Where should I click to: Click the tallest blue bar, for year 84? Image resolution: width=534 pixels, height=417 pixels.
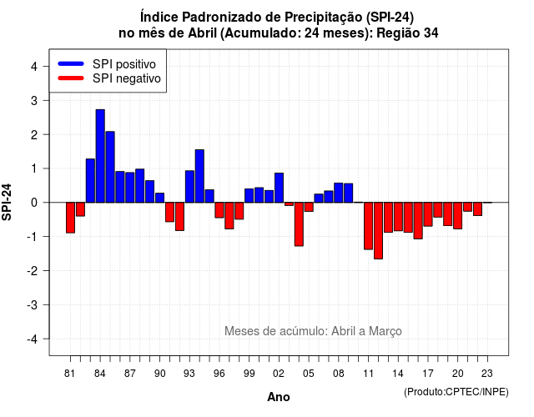coord(100,156)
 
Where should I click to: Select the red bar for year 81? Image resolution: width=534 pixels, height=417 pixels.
coord(70,218)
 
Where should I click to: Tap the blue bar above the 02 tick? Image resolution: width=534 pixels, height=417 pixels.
coord(279,188)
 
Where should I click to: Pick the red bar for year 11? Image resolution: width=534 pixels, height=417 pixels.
coord(368,226)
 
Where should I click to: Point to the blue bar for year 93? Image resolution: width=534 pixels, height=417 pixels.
coord(189,187)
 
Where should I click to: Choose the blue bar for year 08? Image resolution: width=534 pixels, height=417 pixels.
coord(339,193)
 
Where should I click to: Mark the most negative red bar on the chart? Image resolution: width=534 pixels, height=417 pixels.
coord(378,231)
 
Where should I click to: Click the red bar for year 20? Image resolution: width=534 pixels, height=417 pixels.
coord(458,216)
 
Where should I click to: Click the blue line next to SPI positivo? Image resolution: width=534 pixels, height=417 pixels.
coord(71,63)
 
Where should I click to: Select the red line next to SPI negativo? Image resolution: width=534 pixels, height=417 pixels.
coord(71,78)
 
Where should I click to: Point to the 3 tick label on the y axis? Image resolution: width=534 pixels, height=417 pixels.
coord(34,101)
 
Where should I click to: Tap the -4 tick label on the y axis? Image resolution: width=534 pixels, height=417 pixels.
coord(33,339)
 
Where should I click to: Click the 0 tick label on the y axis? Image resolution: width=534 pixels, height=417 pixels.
coord(34,203)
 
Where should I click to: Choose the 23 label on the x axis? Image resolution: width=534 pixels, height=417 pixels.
coord(487,374)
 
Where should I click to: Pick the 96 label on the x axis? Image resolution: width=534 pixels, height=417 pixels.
coord(219,374)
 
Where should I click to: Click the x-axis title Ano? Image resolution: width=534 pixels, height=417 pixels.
coord(279,397)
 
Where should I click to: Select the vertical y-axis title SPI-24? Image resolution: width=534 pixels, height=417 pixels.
coord(7,202)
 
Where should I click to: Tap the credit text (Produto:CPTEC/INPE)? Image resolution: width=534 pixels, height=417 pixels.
coord(456,392)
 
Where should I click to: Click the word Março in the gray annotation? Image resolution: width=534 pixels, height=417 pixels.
coord(385,331)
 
